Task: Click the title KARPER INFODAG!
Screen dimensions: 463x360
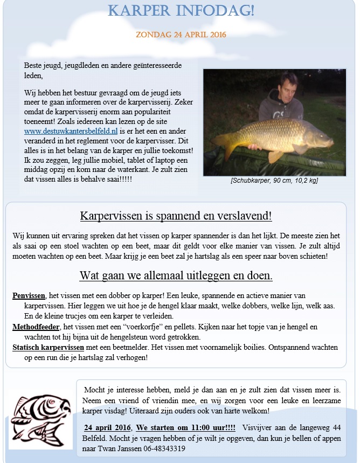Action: pos(181,11)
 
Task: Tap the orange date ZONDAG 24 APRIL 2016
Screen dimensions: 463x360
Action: pos(181,34)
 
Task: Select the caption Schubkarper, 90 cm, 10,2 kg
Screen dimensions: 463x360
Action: pos(274,181)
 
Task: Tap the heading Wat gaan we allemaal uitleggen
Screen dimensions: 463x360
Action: pos(176,275)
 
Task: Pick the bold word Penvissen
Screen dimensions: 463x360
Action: pos(29,296)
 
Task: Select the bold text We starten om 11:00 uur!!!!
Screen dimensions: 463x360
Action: pos(186,427)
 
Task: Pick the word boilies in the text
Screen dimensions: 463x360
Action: pos(275,347)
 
